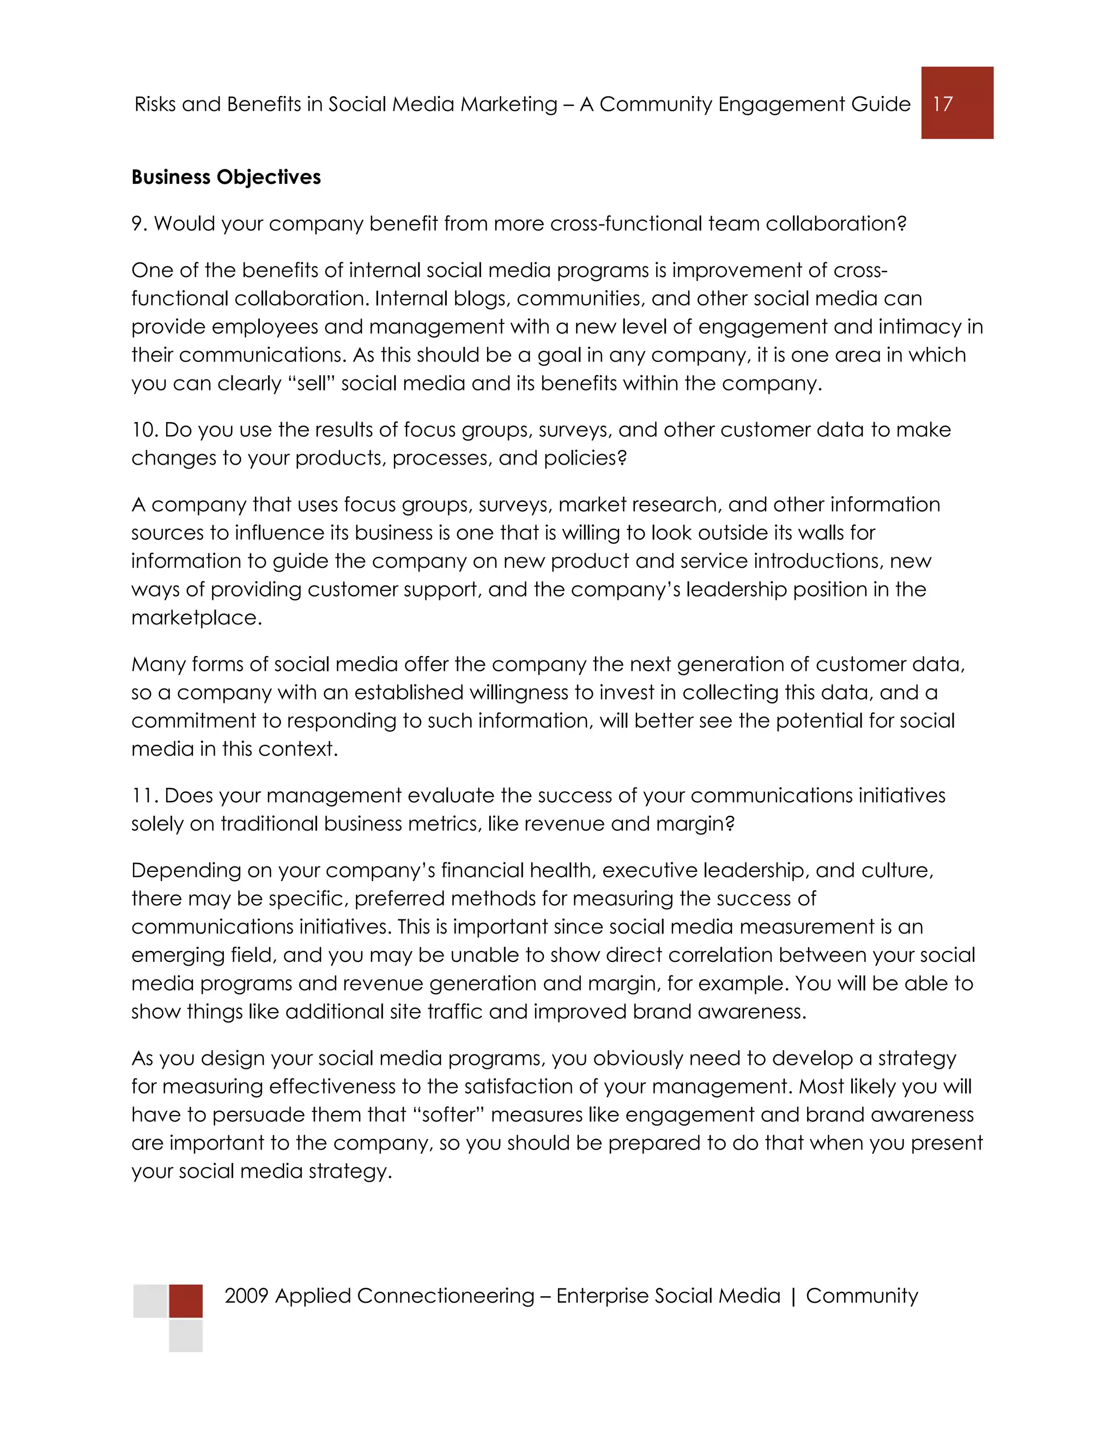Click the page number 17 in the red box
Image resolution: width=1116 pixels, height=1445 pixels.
point(943,104)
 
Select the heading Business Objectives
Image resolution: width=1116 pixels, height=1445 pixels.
point(226,177)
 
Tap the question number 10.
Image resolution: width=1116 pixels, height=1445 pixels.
point(144,430)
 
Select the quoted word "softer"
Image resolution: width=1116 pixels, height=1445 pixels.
point(448,1115)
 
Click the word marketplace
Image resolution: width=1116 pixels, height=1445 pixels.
point(196,618)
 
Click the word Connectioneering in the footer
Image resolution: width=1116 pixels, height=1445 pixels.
point(445,1296)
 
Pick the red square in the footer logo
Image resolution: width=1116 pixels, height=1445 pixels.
point(186,1300)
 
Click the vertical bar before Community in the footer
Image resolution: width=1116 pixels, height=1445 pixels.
point(793,1296)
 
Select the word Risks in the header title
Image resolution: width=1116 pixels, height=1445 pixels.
point(154,105)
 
